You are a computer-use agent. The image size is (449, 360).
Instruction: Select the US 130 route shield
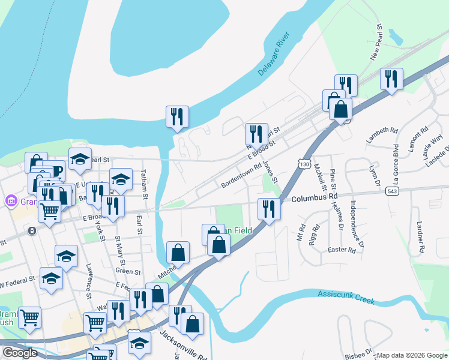[x=304, y=164]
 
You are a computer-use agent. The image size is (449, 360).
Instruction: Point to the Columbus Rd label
[x=315, y=196]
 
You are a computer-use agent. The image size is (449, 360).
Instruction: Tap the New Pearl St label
[x=376, y=43]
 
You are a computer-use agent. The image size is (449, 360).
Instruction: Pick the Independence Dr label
[x=357, y=224]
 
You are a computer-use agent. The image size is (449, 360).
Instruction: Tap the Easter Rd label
[x=341, y=250]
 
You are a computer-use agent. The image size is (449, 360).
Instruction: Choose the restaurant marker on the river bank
[x=177, y=116]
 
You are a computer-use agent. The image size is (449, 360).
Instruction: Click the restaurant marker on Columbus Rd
[x=268, y=209]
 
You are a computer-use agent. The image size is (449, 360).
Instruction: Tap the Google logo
[x=20, y=353]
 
